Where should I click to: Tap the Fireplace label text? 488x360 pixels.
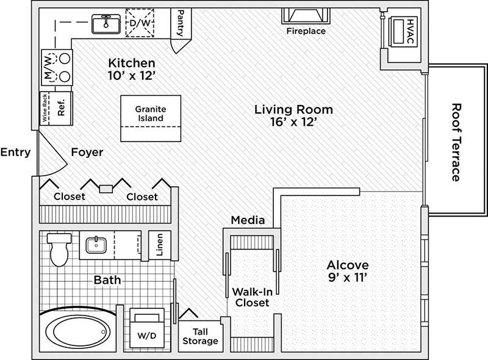pos(306,31)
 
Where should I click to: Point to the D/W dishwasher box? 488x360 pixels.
pos(140,23)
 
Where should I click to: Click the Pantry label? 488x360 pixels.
pos(181,23)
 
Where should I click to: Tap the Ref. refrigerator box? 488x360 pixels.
pos(61,108)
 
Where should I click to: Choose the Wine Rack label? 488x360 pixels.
pos(44,109)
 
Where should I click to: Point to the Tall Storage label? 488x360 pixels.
pos(200,336)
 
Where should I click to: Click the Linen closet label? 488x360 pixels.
pos(159,245)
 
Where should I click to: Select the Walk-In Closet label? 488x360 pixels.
pos(250,297)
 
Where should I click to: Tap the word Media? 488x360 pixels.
pos(248,220)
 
